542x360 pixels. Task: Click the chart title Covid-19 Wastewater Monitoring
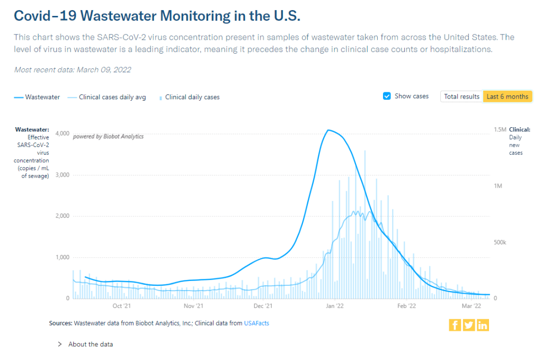pos(157,16)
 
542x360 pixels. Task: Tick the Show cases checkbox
pos(387,96)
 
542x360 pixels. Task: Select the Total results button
pos(461,96)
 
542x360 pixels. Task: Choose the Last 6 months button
pos(507,96)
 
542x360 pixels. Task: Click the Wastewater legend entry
pos(37,97)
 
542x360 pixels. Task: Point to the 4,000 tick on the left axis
pos(62,133)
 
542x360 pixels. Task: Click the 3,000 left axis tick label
pos(62,174)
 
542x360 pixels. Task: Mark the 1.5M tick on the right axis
pos(500,129)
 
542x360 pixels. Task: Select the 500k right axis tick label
pos(500,242)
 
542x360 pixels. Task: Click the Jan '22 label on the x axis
pos(334,306)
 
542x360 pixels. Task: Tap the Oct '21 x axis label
pos(121,306)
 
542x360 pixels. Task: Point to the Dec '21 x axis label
pos(263,306)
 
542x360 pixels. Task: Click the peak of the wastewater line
pos(328,130)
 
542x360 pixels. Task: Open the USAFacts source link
pos(256,323)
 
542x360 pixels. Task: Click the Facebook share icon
pos(455,325)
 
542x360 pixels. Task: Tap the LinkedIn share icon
pos(482,325)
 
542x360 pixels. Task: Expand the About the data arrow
pos(59,344)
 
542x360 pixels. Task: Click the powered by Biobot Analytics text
pos(108,136)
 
